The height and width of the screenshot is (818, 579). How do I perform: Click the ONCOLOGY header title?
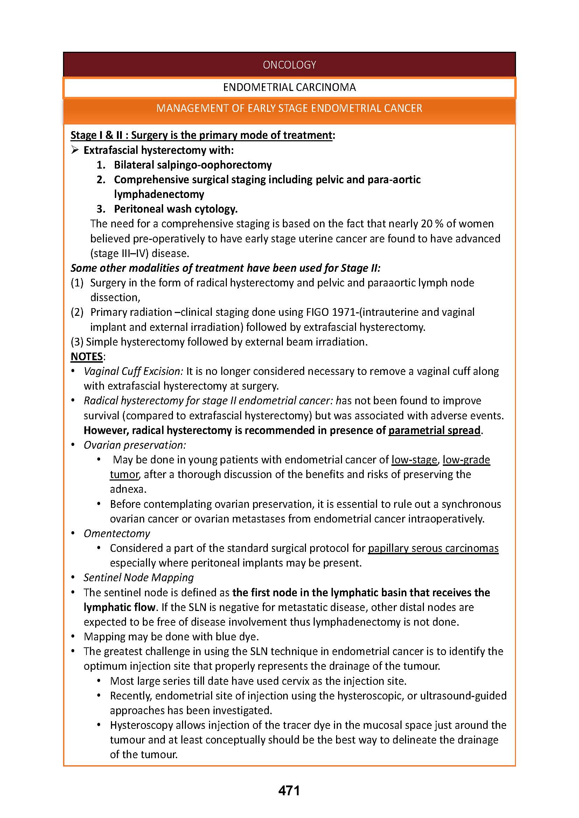tap(289, 65)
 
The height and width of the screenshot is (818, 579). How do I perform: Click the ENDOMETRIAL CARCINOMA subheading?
tap(289, 87)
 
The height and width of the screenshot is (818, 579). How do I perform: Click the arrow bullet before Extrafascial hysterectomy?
tap(75, 150)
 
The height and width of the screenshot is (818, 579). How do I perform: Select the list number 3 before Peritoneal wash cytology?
tap(100, 209)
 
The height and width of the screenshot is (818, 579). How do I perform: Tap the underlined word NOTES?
tap(86, 356)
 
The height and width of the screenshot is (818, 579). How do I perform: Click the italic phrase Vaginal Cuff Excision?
tap(133, 371)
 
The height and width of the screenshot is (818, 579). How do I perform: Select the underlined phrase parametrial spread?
tap(434, 431)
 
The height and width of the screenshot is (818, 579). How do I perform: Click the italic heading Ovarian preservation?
tap(134, 445)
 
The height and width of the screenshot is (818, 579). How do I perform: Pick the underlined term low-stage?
tap(414, 460)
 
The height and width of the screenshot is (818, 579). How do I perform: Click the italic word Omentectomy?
tap(117, 533)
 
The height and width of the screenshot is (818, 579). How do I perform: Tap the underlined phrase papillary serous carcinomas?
tap(433, 548)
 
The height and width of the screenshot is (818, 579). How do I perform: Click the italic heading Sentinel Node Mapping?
tap(138, 577)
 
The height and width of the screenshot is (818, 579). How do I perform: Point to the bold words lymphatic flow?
tap(119, 607)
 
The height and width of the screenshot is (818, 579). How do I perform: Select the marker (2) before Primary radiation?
tap(77, 312)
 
